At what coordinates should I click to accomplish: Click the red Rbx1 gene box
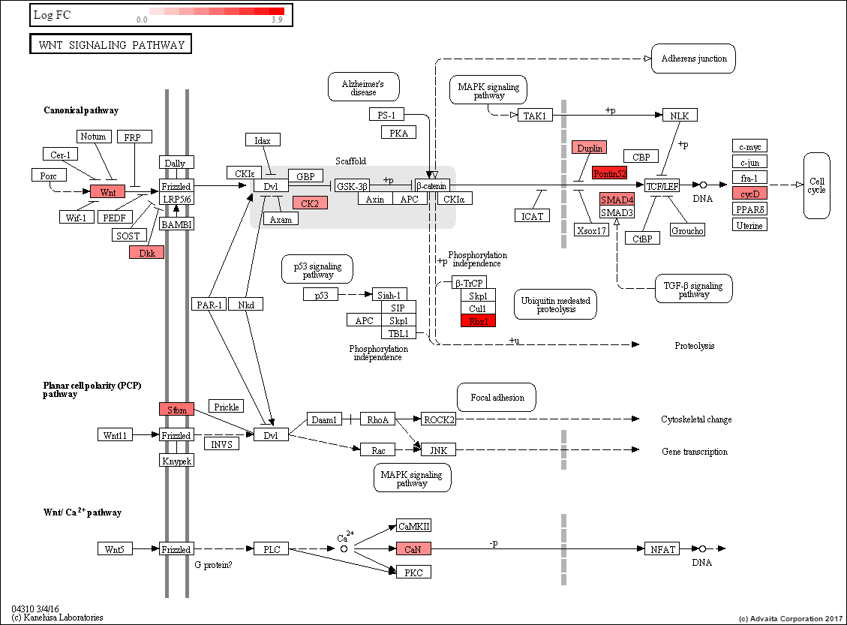pyautogui.click(x=478, y=321)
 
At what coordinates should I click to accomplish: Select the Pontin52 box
pyautogui.click(x=608, y=173)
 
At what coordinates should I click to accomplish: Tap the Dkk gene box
pyautogui.click(x=146, y=253)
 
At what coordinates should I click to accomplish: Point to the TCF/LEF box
pyautogui.click(x=662, y=185)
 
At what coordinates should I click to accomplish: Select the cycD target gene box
pyautogui.click(x=749, y=193)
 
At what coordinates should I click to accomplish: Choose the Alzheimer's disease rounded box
pyautogui.click(x=363, y=87)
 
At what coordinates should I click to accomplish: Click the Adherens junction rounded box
pyautogui.click(x=694, y=59)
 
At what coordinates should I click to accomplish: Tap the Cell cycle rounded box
pyautogui.click(x=816, y=185)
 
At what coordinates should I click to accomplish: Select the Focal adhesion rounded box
pyautogui.click(x=496, y=397)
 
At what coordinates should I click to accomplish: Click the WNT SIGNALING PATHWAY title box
pyautogui.click(x=110, y=44)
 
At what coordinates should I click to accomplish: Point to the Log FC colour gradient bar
pyautogui.click(x=216, y=11)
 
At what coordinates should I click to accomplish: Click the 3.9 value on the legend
pyautogui.click(x=276, y=20)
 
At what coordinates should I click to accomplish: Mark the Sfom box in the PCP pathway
pyautogui.click(x=176, y=409)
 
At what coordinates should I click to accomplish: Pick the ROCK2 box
pyautogui.click(x=438, y=419)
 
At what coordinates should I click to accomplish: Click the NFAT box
pyautogui.click(x=662, y=549)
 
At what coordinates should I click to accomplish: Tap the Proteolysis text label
pyautogui.click(x=694, y=346)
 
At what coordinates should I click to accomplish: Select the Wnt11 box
pyautogui.click(x=116, y=435)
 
